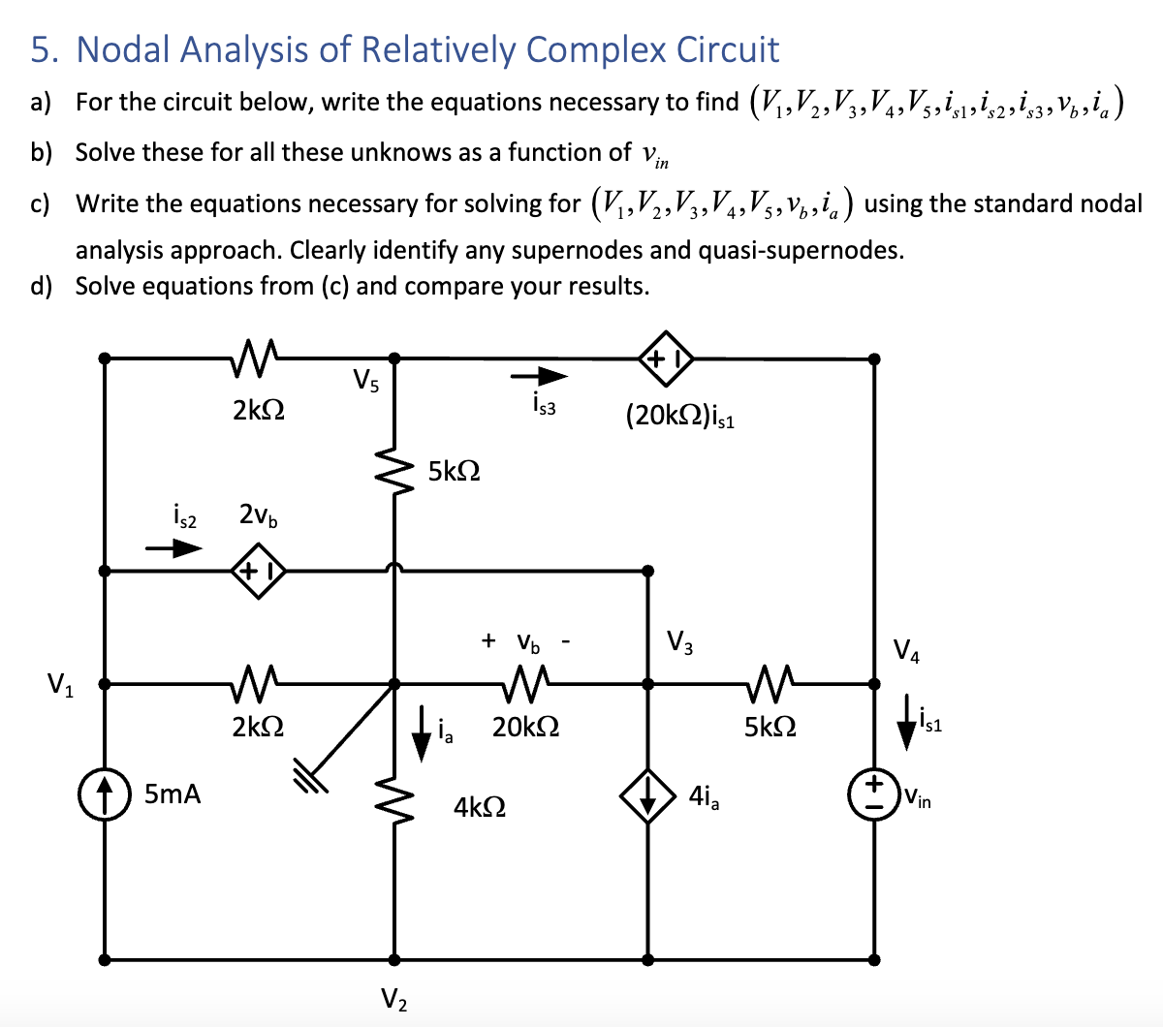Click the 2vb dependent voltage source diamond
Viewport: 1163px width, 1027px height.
point(257,571)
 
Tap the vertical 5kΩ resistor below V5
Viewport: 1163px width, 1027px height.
point(393,472)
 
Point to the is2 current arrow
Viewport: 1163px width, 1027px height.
point(174,548)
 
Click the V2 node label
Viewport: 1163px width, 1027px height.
point(393,999)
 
